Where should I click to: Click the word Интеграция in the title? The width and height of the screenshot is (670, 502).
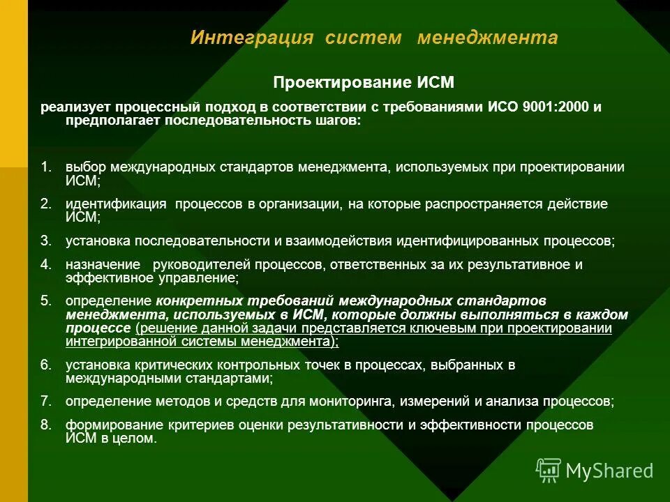[252, 38]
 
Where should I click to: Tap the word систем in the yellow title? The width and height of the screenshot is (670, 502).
[362, 38]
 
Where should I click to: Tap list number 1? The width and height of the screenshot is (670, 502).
[46, 167]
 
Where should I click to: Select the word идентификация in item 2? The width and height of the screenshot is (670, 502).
[116, 204]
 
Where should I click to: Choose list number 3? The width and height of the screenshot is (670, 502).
[46, 241]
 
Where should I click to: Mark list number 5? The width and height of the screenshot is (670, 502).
[46, 301]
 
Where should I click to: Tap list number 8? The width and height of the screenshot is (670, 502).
[46, 425]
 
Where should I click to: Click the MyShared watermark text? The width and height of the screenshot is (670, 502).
[609, 471]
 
